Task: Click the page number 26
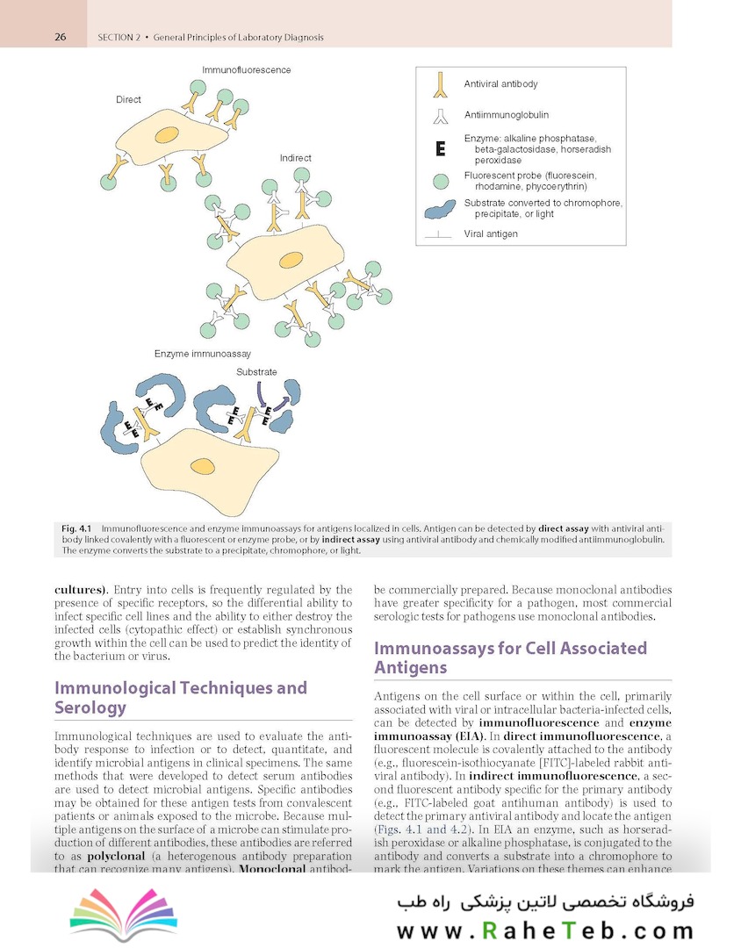(61, 37)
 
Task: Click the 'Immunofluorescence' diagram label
(246, 69)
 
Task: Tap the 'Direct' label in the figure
(128, 100)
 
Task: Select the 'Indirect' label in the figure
(295, 158)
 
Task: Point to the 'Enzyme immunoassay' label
(203, 354)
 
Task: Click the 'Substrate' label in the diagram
(256, 372)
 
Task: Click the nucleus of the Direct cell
(167, 136)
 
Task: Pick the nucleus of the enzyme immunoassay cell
(203, 465)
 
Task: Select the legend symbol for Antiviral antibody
(441, 84)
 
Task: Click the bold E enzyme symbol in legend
(441, 149)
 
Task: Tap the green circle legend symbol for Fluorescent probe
(441, 181)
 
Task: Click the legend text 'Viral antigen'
(491, 234)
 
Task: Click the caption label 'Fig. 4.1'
(77, 528)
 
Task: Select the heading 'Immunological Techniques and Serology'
(180, 697)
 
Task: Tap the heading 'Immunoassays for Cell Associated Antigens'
(510, 657)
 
